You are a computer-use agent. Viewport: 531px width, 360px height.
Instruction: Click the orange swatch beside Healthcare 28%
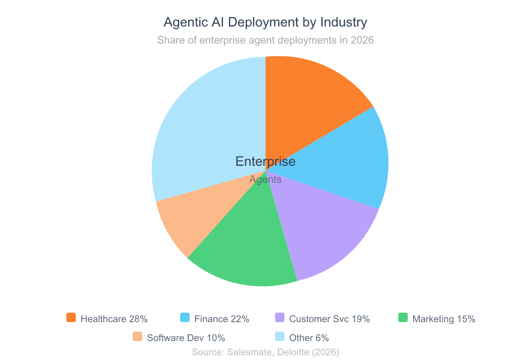pos(71,318)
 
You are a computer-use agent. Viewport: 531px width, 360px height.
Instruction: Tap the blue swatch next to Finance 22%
pos(185,318)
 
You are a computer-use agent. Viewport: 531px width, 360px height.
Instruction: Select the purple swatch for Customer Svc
pos(280,318)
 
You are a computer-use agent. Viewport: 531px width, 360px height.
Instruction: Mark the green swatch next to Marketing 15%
pos(403,318)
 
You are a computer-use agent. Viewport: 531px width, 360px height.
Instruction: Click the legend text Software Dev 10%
pos(186,338)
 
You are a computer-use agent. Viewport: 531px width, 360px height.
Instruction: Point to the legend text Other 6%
pos(309,338)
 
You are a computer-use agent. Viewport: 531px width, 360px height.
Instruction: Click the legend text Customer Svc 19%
pos(329,319)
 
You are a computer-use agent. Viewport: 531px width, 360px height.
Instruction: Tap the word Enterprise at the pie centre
pos(265,162)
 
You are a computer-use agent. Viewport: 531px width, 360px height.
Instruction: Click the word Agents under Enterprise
pos(265,180)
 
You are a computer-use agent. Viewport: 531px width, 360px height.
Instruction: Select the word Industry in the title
pos(344,22)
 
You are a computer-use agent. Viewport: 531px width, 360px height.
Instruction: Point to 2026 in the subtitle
pos(362,40)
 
